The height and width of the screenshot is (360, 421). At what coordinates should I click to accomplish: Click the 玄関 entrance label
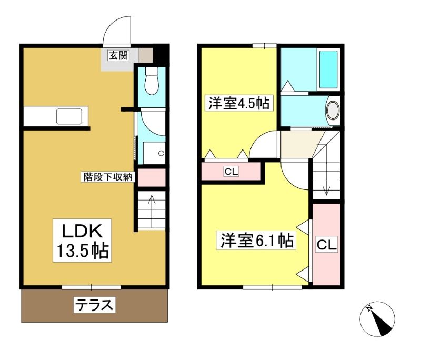[119, 56]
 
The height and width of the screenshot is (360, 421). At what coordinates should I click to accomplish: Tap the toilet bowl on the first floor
[152, 81]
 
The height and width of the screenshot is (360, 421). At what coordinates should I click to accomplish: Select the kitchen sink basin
[69, 116]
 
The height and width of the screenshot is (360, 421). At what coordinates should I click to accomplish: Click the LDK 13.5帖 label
[82, 240]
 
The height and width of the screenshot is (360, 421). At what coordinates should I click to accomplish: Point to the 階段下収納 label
[107, 177]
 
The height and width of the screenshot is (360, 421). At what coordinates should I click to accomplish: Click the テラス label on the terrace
[94, 304]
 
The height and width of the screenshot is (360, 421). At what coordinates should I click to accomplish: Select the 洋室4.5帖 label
[239, 103]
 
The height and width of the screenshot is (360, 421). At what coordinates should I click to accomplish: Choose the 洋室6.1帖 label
[256, 241]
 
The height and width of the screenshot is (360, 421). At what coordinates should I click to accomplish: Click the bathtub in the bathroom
[328, 69]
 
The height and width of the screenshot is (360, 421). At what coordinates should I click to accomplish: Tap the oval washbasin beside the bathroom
[333, 110]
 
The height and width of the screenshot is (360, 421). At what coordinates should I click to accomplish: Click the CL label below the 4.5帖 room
[231, 171]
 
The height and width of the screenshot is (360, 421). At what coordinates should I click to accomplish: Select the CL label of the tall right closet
[326, 244]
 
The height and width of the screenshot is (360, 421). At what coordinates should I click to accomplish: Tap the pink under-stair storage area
[152, 177]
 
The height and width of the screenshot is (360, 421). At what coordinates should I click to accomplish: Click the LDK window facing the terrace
[91, 287]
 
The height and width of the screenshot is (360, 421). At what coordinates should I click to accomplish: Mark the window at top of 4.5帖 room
[265, 46]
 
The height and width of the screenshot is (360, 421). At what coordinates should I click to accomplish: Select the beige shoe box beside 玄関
[146, 55]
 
